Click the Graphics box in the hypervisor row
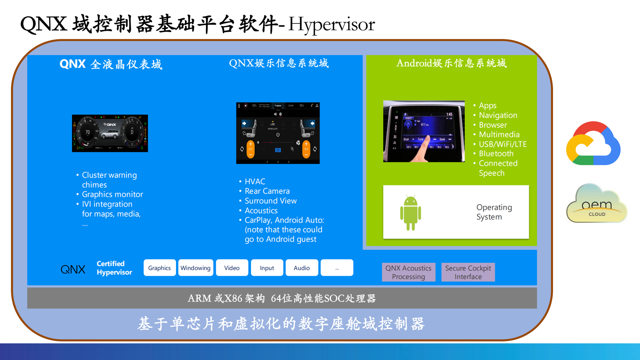pyautogui.click(x=160, y=268)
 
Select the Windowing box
pyautogui.click(x=196, y=268)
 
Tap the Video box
pyautogui.click(x=232, y=268)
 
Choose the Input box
pyautogui.click(x=267, y=268)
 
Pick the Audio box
pyautogui.click(x=302, y=268)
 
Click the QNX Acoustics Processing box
pyautogui.click(x=408, y=272)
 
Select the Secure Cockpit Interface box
pyautogui.click(x=468, y=272)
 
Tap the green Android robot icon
pyautogui.click(x=411, y=212)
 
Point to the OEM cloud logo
pyautogui.click(x=596, y=204)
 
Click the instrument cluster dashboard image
pyautogui.click(x=110, y=133)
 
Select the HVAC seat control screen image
pyautogui.click(x=277, y=133)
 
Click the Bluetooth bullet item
pyautogui.click(x=496, y=153)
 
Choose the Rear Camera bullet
pyautogui.click(x=267, y=191)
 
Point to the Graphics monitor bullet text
pyautogui.click(x=112, y=194)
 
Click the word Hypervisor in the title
pyautogui.click(x=331, y=24)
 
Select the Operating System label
pyautogui.click(x=494, y=212)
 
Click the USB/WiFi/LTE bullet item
pyautogui.click(x=502, y=144)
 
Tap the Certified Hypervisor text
pyautogui.click(x=114, y=268)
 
